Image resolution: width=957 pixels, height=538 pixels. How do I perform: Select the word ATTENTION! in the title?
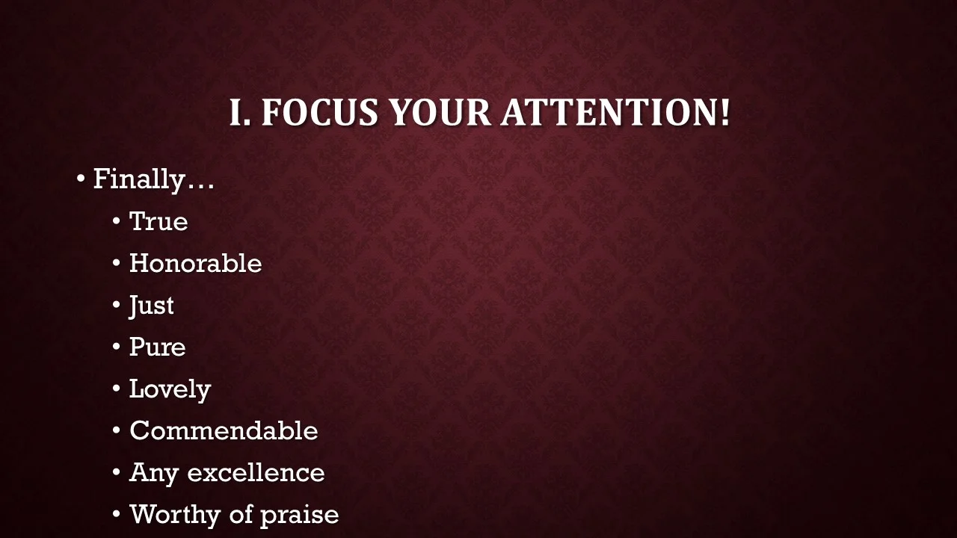[615, 113]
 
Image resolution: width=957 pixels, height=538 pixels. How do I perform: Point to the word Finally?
[138, 180]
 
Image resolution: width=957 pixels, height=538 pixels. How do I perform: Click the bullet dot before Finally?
[81, 180]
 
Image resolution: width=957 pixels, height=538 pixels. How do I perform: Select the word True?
[159, 222]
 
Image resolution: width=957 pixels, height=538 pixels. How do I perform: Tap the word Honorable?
[195, 264]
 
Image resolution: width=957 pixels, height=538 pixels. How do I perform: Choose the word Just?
[152, 306]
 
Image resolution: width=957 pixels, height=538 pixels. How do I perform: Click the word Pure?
[157, 347]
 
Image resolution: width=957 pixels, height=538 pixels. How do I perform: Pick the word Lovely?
[170, 389]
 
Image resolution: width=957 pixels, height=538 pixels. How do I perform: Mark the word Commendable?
[224, 431]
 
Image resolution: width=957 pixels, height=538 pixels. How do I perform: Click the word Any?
[154, 473]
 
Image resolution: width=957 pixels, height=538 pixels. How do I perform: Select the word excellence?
[256, 473]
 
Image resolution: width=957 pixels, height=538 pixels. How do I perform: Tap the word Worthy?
[176, 515]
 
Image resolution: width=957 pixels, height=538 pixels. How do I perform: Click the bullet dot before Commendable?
[117, 432]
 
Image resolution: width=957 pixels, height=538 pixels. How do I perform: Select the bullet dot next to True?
[117, 223]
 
